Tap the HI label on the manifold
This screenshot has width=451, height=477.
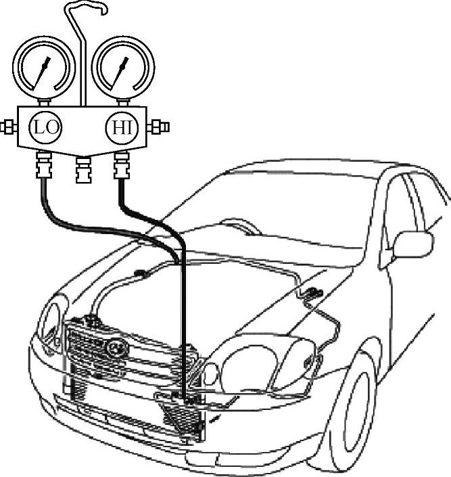pyautogui.click(x=122, y=127)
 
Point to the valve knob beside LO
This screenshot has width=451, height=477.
pyautogui.click(x=8, y=127)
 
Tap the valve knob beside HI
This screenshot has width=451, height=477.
pyautogui.click(x=161, y=127)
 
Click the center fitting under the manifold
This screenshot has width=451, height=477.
pyautogui.click(x=83, y=170)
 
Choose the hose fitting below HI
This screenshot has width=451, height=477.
pyautogui.click(x=122, y=166)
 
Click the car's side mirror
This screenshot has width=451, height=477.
pyautogui.click(x=412, y=244)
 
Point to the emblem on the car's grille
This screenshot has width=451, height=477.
pyautogui.click(x=116, y=347)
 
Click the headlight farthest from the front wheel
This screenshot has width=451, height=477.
pyautogui.click(x=49, y=322)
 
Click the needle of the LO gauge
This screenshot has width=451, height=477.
pyautogui.click(x=45, y=71)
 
